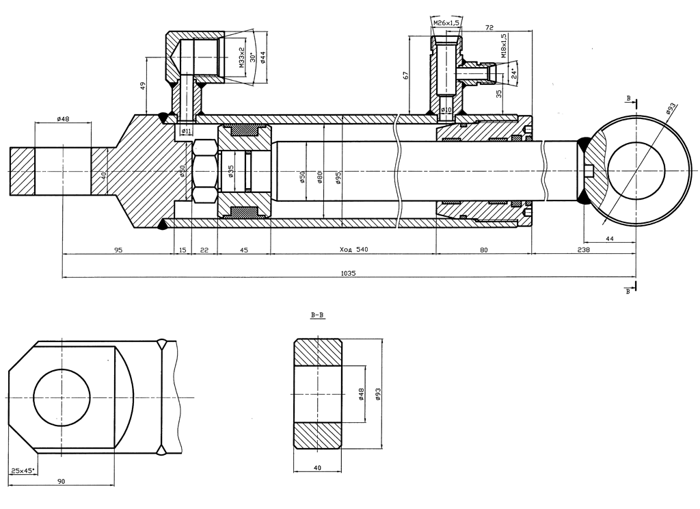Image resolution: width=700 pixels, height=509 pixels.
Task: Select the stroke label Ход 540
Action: [354, 250]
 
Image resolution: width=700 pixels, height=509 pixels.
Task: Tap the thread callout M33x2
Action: [242, 58]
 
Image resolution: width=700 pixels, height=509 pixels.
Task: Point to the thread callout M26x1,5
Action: [446, 23]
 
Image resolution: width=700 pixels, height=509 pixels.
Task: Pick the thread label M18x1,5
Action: [504, 46]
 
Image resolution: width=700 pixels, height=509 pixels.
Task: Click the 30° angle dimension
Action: [252, 57]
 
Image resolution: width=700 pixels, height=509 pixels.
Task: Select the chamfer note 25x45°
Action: [23, 471]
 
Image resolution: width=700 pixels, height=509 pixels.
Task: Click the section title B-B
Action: [317, 315]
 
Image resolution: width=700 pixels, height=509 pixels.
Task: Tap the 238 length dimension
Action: [583, 250]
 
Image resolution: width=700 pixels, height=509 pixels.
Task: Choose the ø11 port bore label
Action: [186, 131]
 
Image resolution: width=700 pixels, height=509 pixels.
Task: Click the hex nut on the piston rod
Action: [205, 170]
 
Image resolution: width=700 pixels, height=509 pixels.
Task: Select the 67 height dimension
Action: [405, 75]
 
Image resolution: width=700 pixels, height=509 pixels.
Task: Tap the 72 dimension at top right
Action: [489, 28]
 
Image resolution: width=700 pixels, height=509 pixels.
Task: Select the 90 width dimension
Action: [62, 482]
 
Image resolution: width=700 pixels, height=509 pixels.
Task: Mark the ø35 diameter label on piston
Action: [231, 170]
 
